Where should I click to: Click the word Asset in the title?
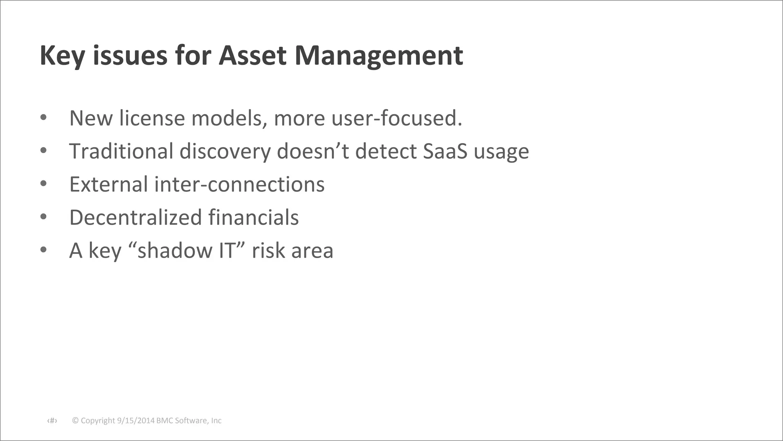(252, 56)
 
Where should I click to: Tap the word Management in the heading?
(379, 56)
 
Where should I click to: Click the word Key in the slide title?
(62, 56)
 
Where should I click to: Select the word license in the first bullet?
(152, 118)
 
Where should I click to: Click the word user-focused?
(397, 118)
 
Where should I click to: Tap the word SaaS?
(445, 151)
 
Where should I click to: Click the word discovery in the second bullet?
(225, 151)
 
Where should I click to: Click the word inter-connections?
(239, 185)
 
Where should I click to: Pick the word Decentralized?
(135, 217)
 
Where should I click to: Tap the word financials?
(253, 217)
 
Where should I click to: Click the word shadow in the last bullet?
(175, 251)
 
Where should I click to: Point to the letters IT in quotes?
(227, 251)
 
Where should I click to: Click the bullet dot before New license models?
(43, 117)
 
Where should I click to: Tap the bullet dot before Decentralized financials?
(43, 217)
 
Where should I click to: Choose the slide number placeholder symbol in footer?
(52, 421)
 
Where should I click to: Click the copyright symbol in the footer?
(75, 421)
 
